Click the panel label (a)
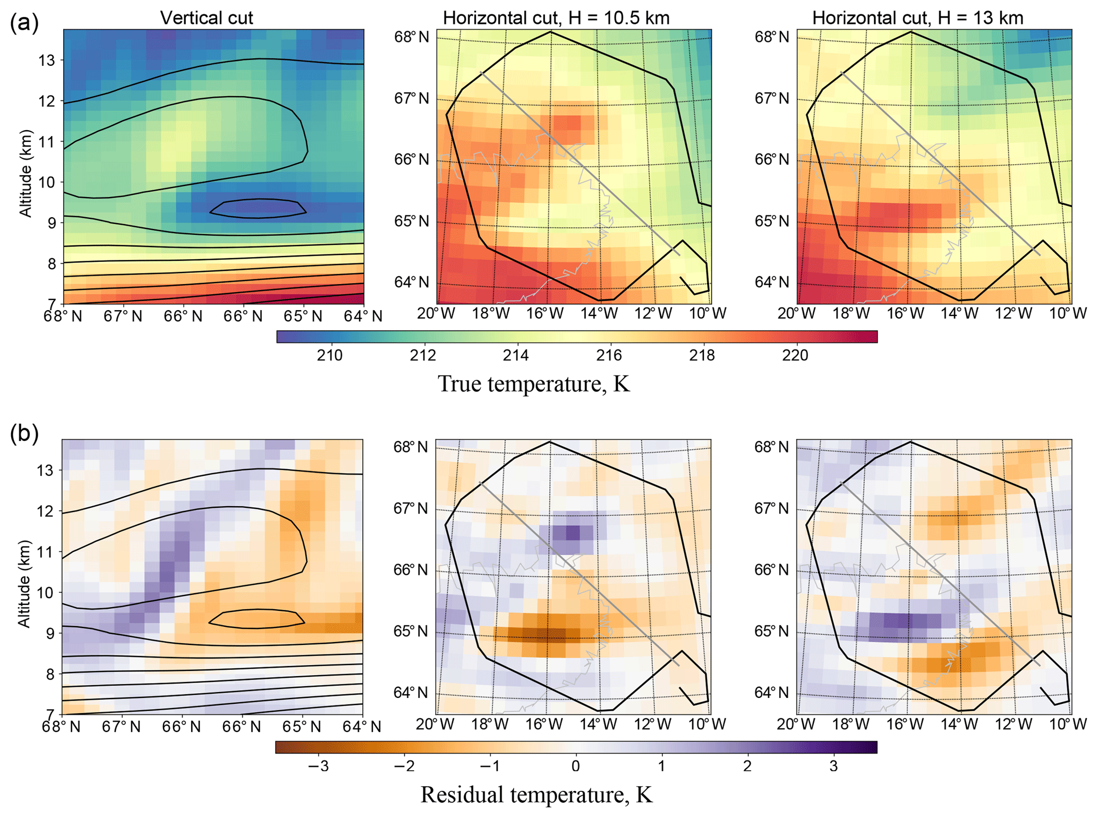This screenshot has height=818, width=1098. tap(24, 23)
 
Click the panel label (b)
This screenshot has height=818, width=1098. tap(24, 434)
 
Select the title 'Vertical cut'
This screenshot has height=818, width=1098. tap(207, 18)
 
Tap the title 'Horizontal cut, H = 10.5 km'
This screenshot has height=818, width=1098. tap(556, 18)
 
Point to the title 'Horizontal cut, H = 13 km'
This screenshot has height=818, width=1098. tap(917, 18)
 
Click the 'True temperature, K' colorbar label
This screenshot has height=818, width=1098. tap(534, 384)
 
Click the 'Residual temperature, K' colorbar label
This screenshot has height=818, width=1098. tap(537, 795)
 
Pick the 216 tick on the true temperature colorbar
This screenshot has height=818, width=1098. tap(609, 355)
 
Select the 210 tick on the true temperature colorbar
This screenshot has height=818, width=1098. tap(329, 355)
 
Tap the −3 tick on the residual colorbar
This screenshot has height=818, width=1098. tap(317, 766)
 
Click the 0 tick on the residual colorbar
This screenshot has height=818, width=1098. tap(575, 766)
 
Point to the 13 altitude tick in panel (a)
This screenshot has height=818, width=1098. tap(47, 61)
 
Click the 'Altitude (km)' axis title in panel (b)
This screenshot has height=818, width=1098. tap(24, 584)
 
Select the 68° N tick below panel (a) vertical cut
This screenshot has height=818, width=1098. tap(64, 317)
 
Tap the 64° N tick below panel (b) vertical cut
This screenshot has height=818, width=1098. tap(363, 727)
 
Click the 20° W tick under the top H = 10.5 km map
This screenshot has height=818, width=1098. tap(437, 313)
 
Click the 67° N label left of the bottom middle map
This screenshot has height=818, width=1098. tap(411, 509)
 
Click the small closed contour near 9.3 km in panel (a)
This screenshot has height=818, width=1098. tap(258, 208)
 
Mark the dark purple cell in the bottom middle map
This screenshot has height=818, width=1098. tap(573, 532)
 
